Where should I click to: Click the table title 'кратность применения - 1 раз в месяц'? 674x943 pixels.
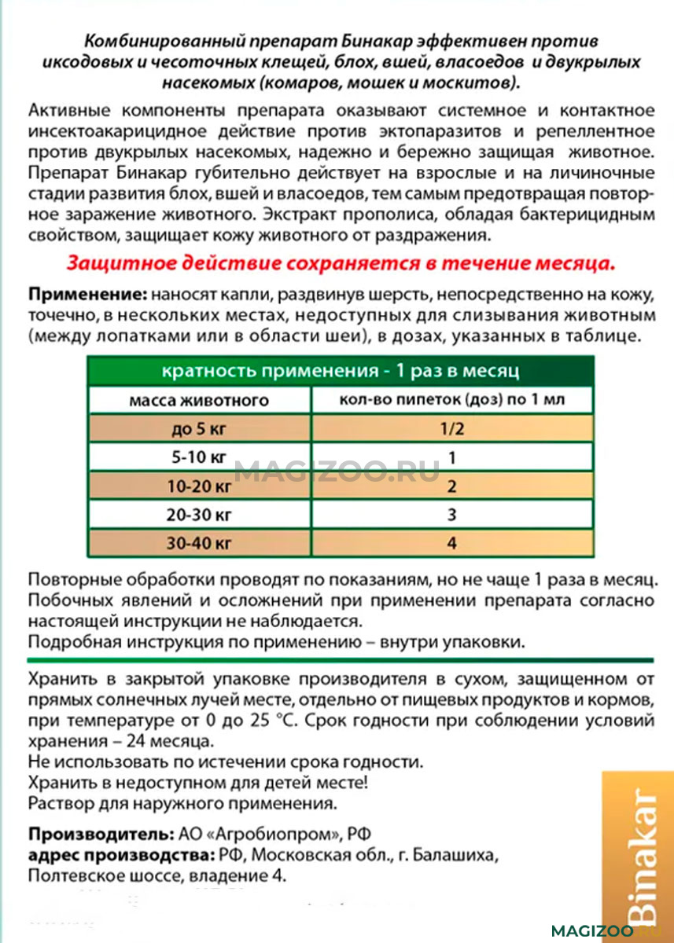pyautogui.click(x=340, y=371)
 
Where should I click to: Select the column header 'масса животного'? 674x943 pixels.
pyautogui.click(x=198, y=401)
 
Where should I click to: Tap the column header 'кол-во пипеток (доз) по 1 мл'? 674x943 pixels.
pyautogui.click(x=451, y=400)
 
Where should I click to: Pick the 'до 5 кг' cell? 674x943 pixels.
pyautogui.click(x=198, y=429)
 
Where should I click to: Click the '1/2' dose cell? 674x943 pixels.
pyautogui.click(x=451, y=429)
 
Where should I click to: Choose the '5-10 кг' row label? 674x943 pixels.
pyautogui.click(x=198, y=458)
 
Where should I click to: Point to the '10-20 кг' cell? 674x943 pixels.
pyautogui.click(x=198, y=487)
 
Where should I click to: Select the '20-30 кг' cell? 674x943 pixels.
pyautogui.click(x=198, y=516)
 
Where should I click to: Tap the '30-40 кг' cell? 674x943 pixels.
pyautogui.click(x=198, y=544)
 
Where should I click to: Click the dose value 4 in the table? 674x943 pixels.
pyautogui.click(x=451, y=544)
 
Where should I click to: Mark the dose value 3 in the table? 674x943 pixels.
pyautogui.click(x=451, y=516)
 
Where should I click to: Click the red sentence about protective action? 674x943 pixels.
pyautogui.click(x=341, y=262)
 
